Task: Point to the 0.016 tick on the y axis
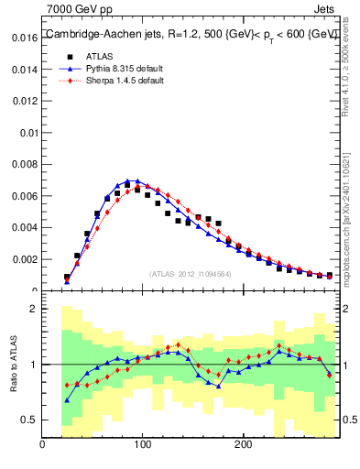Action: pyautogui.click(x=24, y=39)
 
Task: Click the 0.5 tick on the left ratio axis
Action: pyautogui.click(x=28, y=420)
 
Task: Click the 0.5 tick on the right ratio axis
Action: pyautogui.click(x=349, y=420)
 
